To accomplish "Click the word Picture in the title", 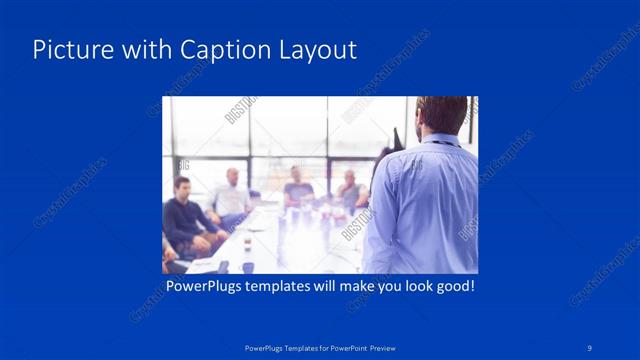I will [x=68, y=50].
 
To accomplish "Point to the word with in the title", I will [x=142, y=50].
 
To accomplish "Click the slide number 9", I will [x=591, y=347].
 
